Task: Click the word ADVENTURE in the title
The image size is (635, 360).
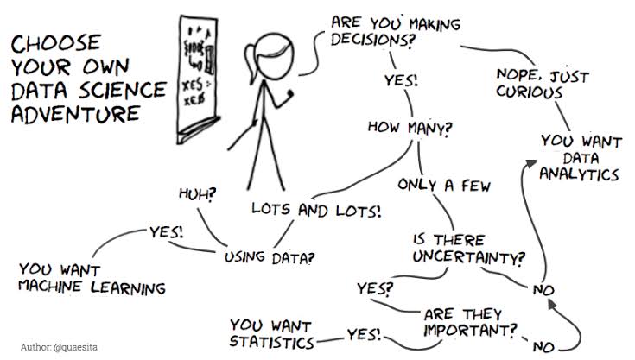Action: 75,114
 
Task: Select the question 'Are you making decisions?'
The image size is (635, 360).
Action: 395,29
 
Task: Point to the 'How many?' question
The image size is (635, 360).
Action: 410,127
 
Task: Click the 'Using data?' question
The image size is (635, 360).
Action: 270,256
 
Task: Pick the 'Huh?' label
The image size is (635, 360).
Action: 197,193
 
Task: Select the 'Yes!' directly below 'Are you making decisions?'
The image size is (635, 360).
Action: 401,81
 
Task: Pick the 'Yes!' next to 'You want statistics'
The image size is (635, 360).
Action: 364,334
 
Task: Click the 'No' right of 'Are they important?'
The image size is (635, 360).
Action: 543,347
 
